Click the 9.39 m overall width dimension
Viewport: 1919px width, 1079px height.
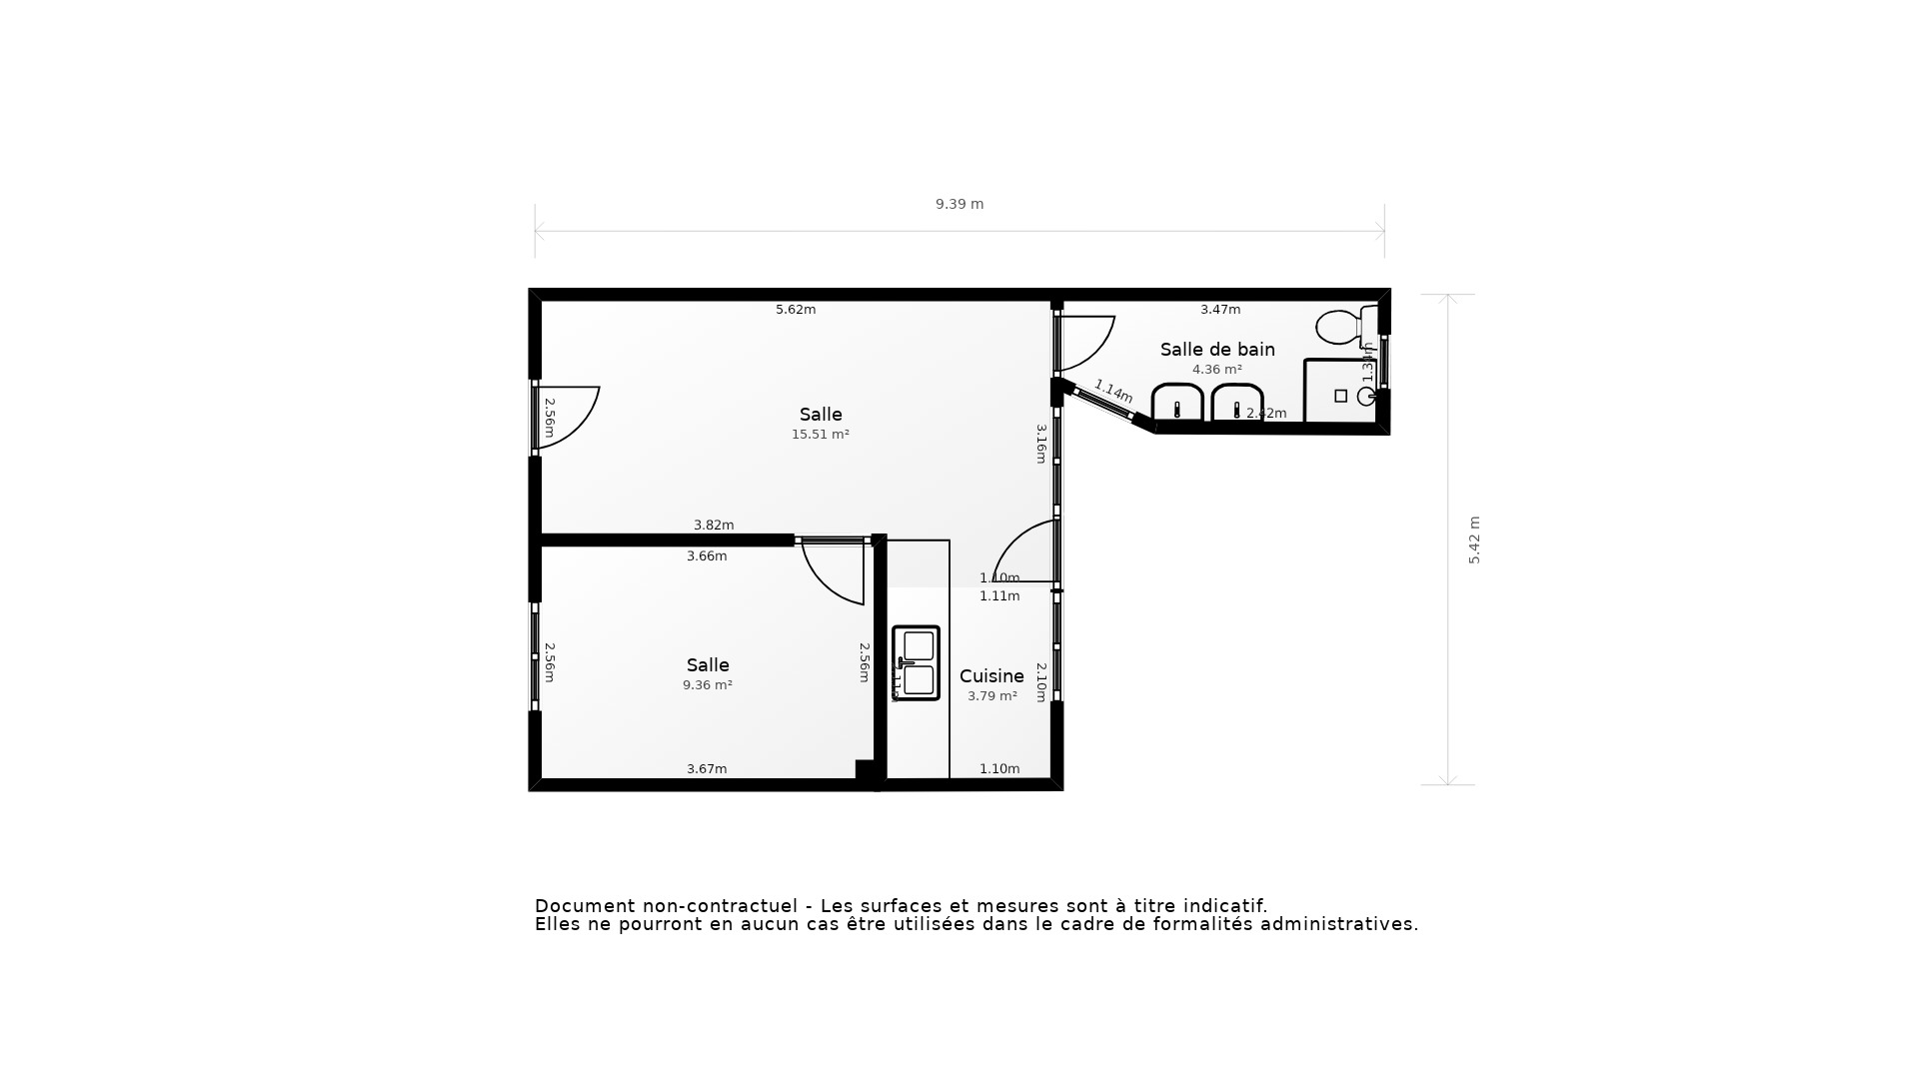coord(959,204)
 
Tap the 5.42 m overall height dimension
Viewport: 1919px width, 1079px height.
coord(1474,539)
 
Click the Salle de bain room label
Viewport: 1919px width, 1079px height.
coord(1217,350)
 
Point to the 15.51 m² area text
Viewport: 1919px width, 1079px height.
coord(821,435)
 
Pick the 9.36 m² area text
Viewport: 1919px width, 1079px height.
coord(708,685)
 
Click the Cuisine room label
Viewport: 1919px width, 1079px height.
coord(991,676)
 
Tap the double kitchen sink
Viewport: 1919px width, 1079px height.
coord(917,662)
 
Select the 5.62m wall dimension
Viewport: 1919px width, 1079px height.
coord(796,310)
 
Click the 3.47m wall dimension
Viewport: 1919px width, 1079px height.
coord(1220,310)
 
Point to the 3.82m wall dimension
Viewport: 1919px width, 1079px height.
coord(714,526)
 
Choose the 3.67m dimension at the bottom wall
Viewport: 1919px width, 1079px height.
coord(707,769)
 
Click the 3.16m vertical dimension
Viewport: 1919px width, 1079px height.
coord(1040,444)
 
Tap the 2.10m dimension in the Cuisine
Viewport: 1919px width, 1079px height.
coord(1040,682)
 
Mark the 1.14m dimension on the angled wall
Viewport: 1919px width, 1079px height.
coord(1113,391)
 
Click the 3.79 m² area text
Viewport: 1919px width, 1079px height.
coord(992,696)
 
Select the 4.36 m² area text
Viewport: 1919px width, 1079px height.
coord(1217,370)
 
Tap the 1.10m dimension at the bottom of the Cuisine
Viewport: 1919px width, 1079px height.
coord(999,769)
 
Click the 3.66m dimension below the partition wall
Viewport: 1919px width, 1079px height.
coord(707,556)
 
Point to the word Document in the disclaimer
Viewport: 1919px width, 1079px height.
coord(584,906)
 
